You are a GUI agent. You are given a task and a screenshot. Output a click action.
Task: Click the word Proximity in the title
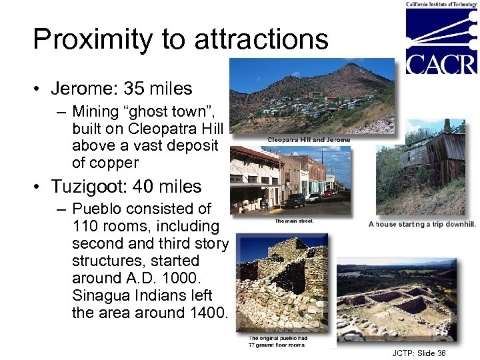(90, 39)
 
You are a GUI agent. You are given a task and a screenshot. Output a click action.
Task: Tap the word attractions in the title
(261, 39)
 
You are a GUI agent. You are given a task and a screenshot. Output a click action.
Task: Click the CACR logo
(441, 40)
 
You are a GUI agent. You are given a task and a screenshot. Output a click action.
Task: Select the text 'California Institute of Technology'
(441, 4)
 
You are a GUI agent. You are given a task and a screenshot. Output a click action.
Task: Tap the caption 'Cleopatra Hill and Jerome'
(309, 139)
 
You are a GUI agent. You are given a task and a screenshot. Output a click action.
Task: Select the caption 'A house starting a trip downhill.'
(422, 224)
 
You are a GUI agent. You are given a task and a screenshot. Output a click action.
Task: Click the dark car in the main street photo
(295, 201)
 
